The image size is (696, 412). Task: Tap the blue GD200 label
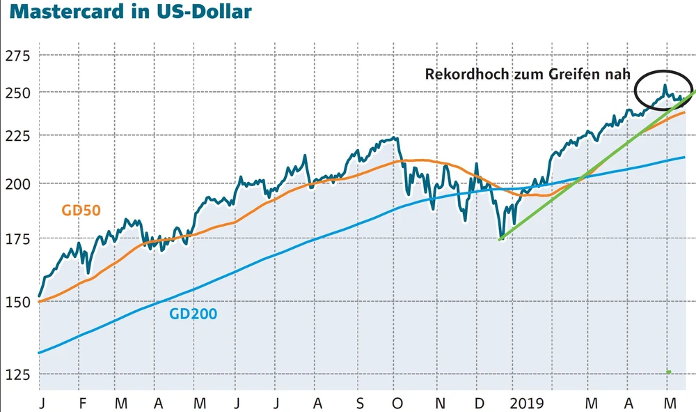pos(193,314)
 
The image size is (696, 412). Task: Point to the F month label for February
pos(82,402)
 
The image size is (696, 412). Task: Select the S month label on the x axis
pos(359,402)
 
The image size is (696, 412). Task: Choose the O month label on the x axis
pos(398,402)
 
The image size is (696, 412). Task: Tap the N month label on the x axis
pos(439,402)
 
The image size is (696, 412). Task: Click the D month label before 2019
pos(480,402)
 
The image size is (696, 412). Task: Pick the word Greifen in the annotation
pos(567,74)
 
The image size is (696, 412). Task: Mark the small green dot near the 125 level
pos(669,372)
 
